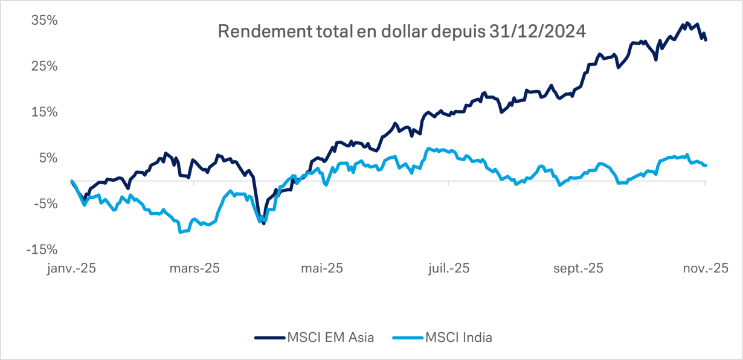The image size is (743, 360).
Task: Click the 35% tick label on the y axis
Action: pyautogui.click(x=45, y=20)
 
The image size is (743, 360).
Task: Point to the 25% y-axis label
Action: pyautogui.click(x=45, y=66)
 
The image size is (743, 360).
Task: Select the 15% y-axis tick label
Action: pyautogui.click(x=45, y=112)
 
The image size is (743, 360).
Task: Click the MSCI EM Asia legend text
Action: pyautogui.click(x=331, y=338)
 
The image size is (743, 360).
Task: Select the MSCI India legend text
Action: pyautogui.click(x=458, y=338)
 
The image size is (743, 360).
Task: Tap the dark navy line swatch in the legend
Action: pyautogui.click(x=271, y=338)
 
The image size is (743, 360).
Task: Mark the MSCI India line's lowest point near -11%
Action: pyautogui.click(x=181, y=232)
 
